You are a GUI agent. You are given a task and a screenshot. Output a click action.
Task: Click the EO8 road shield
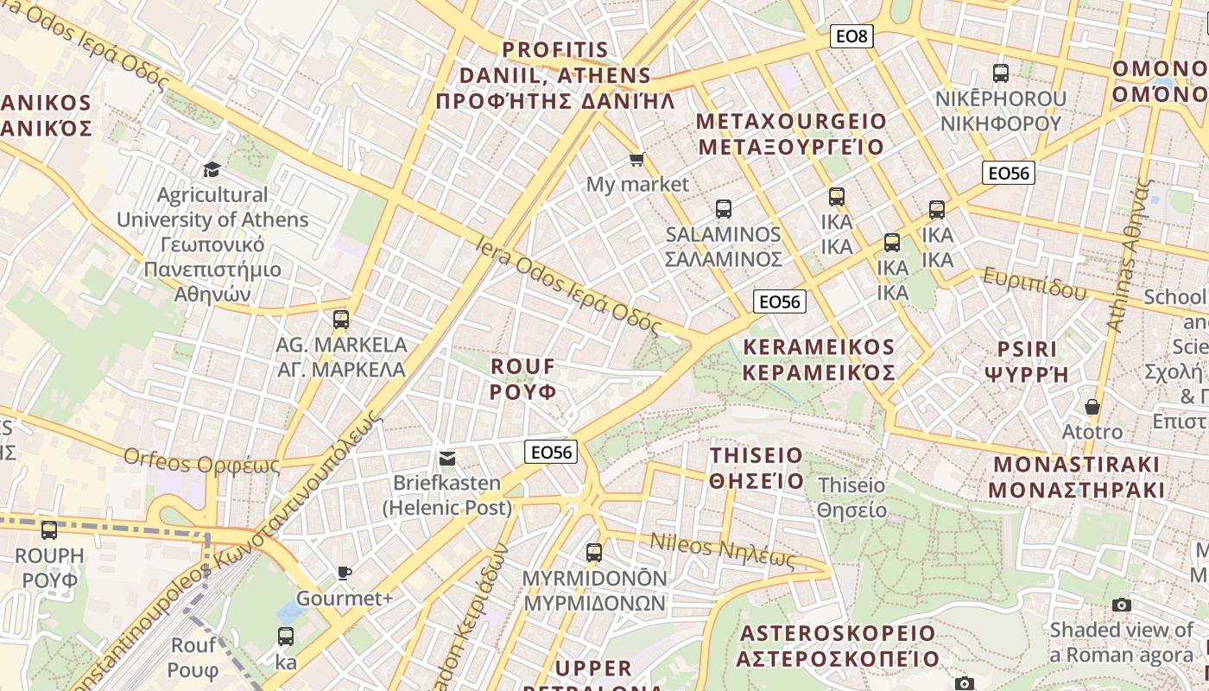point(851,36)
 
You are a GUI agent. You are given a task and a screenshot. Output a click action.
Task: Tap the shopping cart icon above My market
point(637,159)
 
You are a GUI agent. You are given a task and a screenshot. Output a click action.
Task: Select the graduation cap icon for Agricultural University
point(212,169)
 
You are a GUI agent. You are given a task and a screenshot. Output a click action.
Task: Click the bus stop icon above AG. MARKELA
point(341,320)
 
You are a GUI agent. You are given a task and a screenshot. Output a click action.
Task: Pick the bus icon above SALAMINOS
point(724,209)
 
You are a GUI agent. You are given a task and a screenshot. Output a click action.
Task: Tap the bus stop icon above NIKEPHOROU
point(1001,73)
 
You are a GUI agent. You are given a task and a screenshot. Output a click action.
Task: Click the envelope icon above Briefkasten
point(447,458)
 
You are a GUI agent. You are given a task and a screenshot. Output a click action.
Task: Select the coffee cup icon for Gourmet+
point(344,574)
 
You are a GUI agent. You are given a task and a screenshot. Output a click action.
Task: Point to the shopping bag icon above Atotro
point(1092,406)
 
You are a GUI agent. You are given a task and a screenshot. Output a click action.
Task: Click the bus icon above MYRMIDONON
point(594,553)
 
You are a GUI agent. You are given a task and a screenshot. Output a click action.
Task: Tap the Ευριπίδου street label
point(1035,283)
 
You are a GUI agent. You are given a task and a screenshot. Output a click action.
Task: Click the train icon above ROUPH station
point(49,530)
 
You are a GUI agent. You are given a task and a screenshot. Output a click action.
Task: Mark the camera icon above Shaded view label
point(1122,605)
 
